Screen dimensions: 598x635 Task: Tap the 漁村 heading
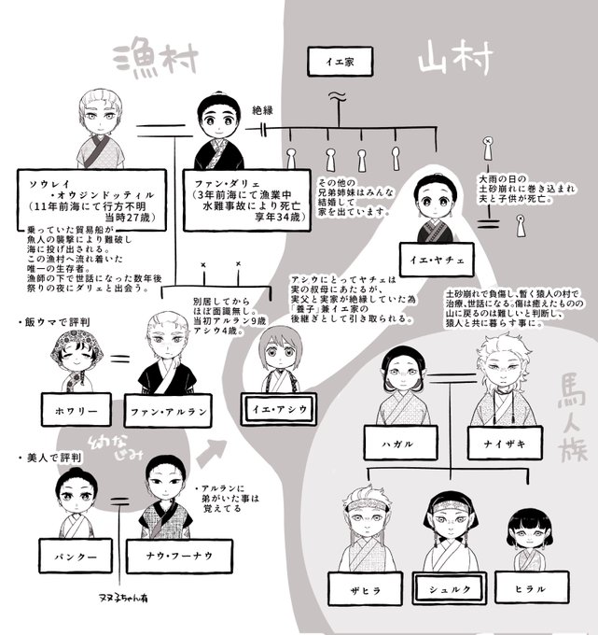[154, 59]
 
